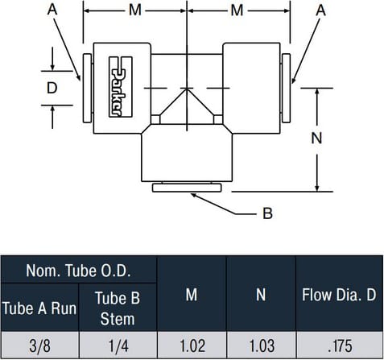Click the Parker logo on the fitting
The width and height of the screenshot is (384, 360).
click(x=121, y=87)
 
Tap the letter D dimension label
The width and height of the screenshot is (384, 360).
click(x=52, y=88)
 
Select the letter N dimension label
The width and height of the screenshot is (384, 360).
click(x=316, y=138)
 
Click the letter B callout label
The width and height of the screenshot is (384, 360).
click(x=267, y=213)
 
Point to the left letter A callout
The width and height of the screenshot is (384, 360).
click(x=52, y=10)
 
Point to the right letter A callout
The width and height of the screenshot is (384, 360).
click(x=320, y=10)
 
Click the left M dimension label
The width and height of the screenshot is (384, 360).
click(x=135, y=10)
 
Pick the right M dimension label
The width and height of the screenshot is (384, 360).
click(x=237, y=10)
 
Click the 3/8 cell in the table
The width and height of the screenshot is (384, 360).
click(x=39, y=346)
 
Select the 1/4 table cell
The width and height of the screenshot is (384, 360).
click(x=118, y=346)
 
